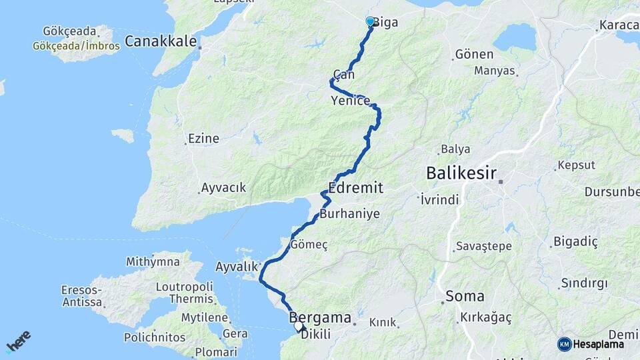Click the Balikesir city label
click(x=461, y=174)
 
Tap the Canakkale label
click(x=161, y=41)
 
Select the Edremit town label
click(x=355, y=188)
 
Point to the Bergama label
click(x=320, y=319)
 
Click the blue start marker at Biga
click(x=370, y=21)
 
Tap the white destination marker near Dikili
click(x=299, y=327)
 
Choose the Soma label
click(x=465, y=296)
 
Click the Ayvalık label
click(x=237, y=267)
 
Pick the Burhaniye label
click(x=349, y=214)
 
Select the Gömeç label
click(x=309, y=245)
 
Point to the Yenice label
click(x=350, y=101)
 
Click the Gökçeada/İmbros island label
click(x=76, y=46)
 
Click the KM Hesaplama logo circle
click(x=564, y=344)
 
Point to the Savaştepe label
click(x=484, y=247)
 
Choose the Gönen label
click(x=474, y=55)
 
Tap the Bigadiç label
click(x=575, y=241)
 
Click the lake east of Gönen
click(x=514, y=37)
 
